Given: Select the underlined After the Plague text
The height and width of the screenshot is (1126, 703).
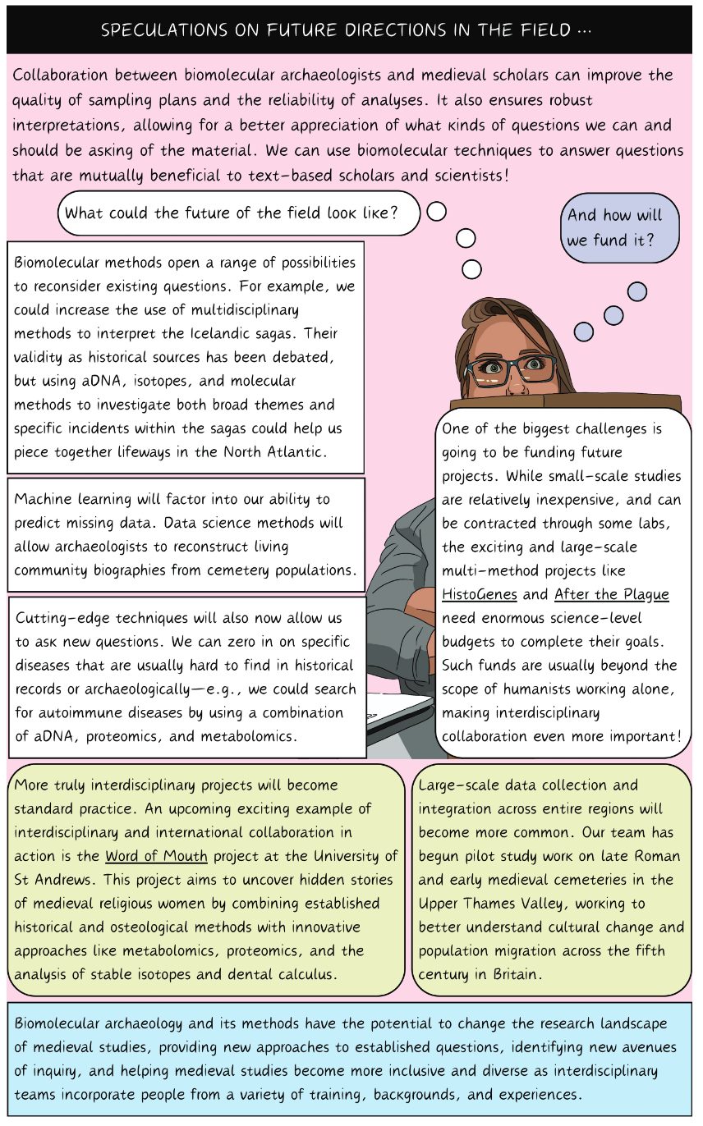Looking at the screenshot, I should (612, 593).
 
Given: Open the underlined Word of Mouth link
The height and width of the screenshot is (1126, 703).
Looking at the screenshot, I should (156, 856).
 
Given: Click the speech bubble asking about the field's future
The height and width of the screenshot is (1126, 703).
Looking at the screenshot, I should (237, 213).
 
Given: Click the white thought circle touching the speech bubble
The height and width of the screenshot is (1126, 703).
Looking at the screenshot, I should (436, 211).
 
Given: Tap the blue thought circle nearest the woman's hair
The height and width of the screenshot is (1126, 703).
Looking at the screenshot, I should (583, 332).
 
